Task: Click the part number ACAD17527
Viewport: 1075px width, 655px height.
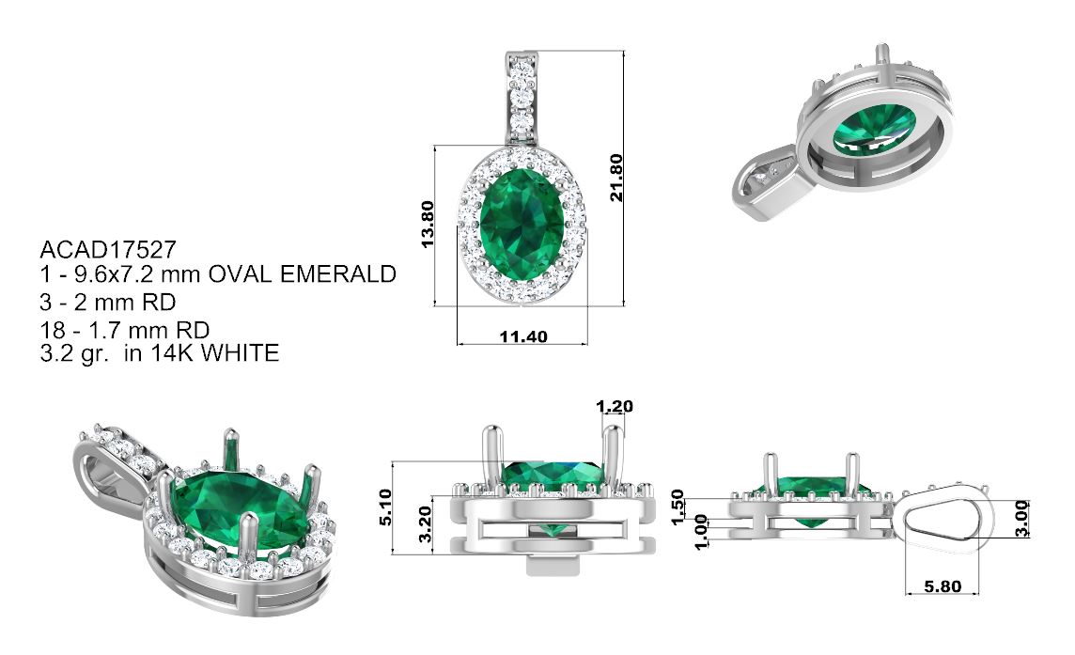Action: [x=108, y=248]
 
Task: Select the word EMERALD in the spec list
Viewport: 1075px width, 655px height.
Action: [x=338, y=274]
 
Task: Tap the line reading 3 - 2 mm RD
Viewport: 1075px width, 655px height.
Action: [x=108, y=302]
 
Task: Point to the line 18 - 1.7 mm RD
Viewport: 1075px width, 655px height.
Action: [x=125, y=330]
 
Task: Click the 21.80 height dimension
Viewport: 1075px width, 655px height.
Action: [x=616, y=178]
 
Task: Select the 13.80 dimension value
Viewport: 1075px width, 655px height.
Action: [x=428, y=225]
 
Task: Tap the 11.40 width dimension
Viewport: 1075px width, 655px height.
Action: [x=523, y=336]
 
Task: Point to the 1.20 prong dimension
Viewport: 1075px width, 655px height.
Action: [x=615, y=407]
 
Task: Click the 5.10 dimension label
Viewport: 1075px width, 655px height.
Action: [x=385, y=507]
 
